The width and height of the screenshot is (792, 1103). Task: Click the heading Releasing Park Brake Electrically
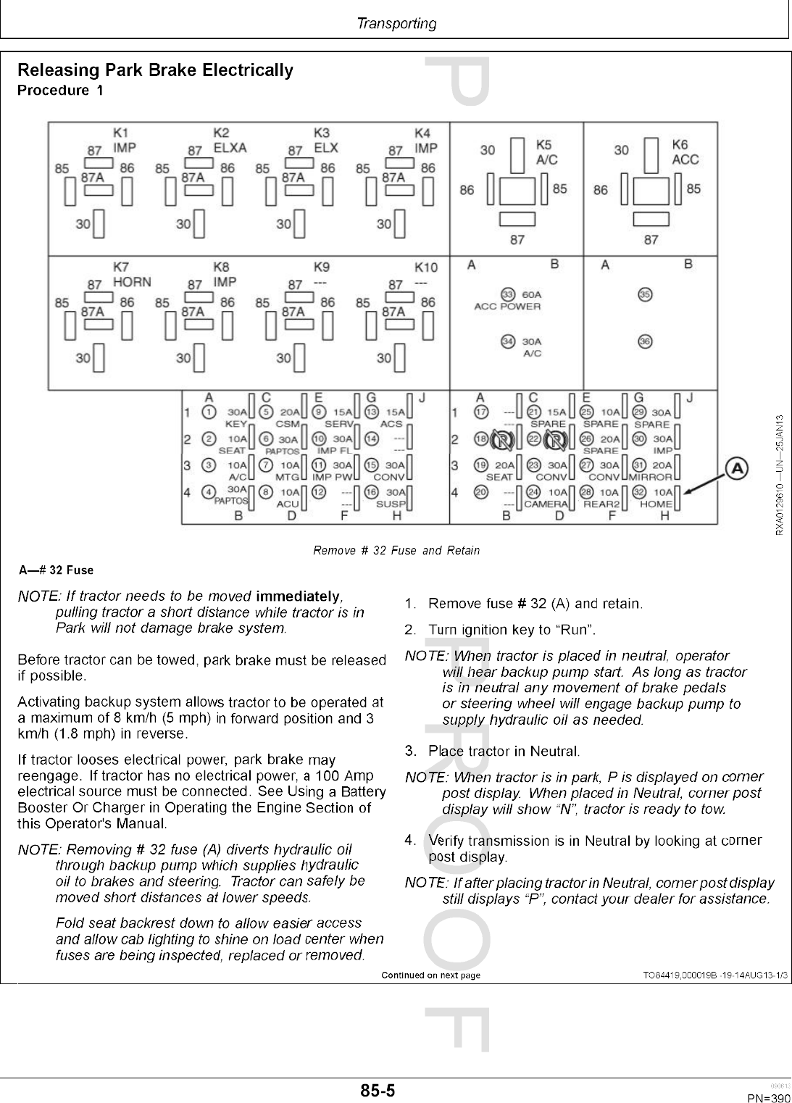click(155, 70)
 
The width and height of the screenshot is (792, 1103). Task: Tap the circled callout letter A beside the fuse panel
click(736, 469)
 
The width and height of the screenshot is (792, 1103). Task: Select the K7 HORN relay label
click(130, 275)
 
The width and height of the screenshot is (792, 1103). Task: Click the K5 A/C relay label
click(546, 153)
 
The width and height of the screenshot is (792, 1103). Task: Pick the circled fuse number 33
click(508, 294)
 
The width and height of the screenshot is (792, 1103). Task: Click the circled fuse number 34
click(508, 341)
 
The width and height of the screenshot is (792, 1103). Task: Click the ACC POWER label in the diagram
click(507, 307)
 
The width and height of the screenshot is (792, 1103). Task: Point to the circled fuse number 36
click(645, 341)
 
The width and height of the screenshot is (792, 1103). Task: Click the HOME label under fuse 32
click(656, 504)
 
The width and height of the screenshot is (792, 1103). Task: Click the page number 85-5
click(378, 1090)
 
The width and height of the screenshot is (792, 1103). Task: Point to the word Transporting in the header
click(396, 24)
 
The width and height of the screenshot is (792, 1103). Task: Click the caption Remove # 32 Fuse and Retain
click(396, 550)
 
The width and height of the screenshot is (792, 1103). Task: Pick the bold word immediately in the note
click(297, 596)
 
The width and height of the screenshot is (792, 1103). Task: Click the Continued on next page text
click(430, 975)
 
